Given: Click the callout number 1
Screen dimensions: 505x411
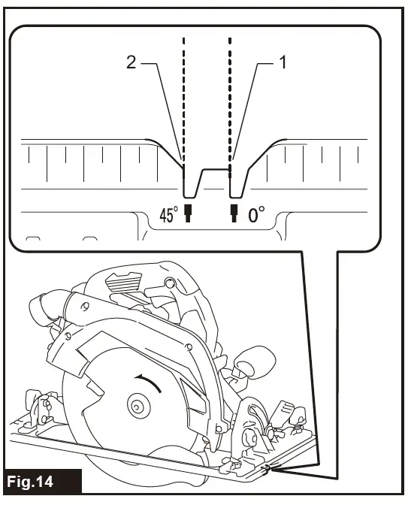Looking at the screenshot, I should [x=283, y=65].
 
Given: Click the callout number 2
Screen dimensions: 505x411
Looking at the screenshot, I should [x=131, y=65].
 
